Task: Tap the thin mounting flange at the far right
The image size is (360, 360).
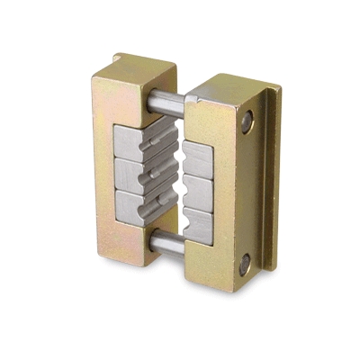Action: [x=271, y=180]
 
